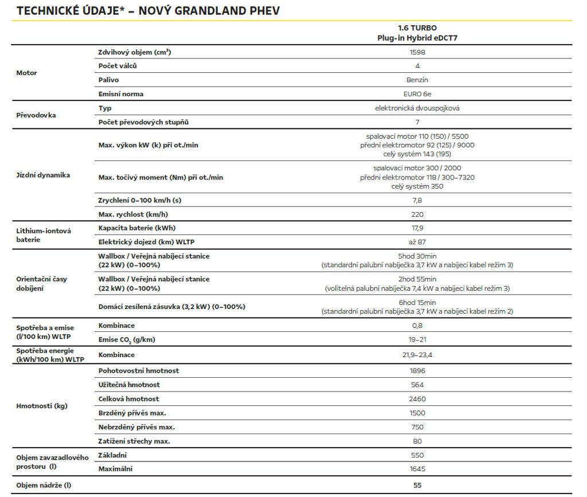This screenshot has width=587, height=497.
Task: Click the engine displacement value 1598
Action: [417, 52]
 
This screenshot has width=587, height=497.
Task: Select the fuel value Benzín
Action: [417, 80]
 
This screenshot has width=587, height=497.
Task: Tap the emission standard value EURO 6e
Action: [417, 94]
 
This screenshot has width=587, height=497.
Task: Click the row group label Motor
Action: [26, 73]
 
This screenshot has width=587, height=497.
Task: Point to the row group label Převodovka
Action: [36, 115]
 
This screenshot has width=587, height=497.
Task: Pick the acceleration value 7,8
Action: [417, 200]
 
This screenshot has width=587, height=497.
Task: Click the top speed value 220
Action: [417, 214]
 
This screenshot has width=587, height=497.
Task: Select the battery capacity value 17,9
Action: [417, 228]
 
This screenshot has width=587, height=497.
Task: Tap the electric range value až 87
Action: [417, 242]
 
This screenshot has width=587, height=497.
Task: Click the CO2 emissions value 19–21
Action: [417, 340]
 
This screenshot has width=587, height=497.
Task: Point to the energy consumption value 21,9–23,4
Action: [417, 355]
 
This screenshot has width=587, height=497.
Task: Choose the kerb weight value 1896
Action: [417, 371]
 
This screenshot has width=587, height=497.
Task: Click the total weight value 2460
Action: [417, 399]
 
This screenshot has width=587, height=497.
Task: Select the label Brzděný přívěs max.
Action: [135, 413]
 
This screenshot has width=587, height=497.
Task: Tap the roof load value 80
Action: [417, 441]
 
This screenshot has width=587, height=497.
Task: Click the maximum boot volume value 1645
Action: [417, 469]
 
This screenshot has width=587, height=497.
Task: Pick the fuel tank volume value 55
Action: [417, 486]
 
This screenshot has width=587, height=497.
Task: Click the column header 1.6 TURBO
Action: [417, 28]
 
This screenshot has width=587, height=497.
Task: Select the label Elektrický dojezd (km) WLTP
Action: [150, 242]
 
